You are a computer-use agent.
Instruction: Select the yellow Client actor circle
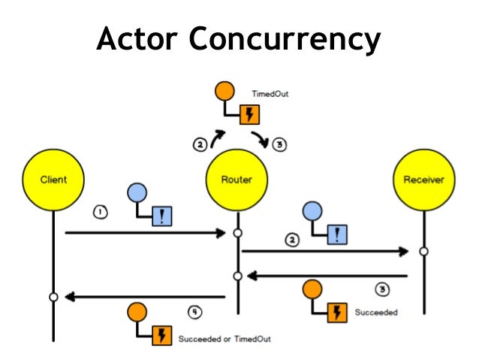[53, 180]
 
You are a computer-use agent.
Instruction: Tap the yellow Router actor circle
[237, 180]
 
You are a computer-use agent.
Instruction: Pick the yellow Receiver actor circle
[423, 180]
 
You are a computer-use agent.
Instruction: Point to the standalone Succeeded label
[376, 311]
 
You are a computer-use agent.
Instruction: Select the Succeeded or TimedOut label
[224, 339]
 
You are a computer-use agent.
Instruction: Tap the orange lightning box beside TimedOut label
[249, 115]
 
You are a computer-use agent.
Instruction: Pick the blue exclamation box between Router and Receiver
[338, 234]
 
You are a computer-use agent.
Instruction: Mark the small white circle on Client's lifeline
[53, 298]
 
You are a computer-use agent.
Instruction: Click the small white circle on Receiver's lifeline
[423, 251]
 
